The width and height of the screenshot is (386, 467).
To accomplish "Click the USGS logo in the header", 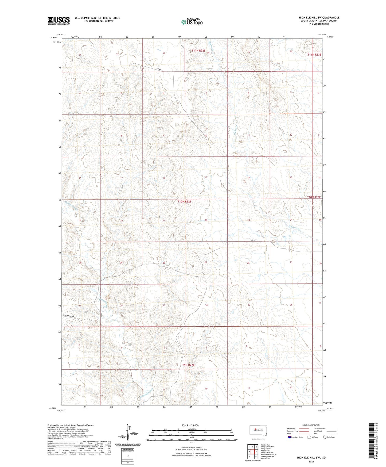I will pyautogui.click(x=59, y=21).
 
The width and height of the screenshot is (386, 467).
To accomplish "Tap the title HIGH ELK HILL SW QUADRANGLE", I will pyautogui.click(x=319, y=18).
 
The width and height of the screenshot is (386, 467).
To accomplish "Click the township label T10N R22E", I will pyautogui.click(x=184, y=201).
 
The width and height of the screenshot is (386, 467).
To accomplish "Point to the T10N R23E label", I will pyautogui.click(x=314, y=197).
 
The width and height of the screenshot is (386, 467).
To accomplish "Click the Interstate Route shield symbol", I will pyautogui.click(x=290, y=437).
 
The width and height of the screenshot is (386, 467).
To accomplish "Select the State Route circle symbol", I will pyautogui.click(x=325, y=437).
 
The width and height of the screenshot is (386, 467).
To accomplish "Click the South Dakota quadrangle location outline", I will pyautogui.click(x=256, y=431).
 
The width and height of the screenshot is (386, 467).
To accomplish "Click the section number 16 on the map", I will pyautogui.click(x=164, y=178).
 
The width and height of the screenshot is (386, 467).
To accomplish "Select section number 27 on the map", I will pyautogui.click(x=206, y=262).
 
